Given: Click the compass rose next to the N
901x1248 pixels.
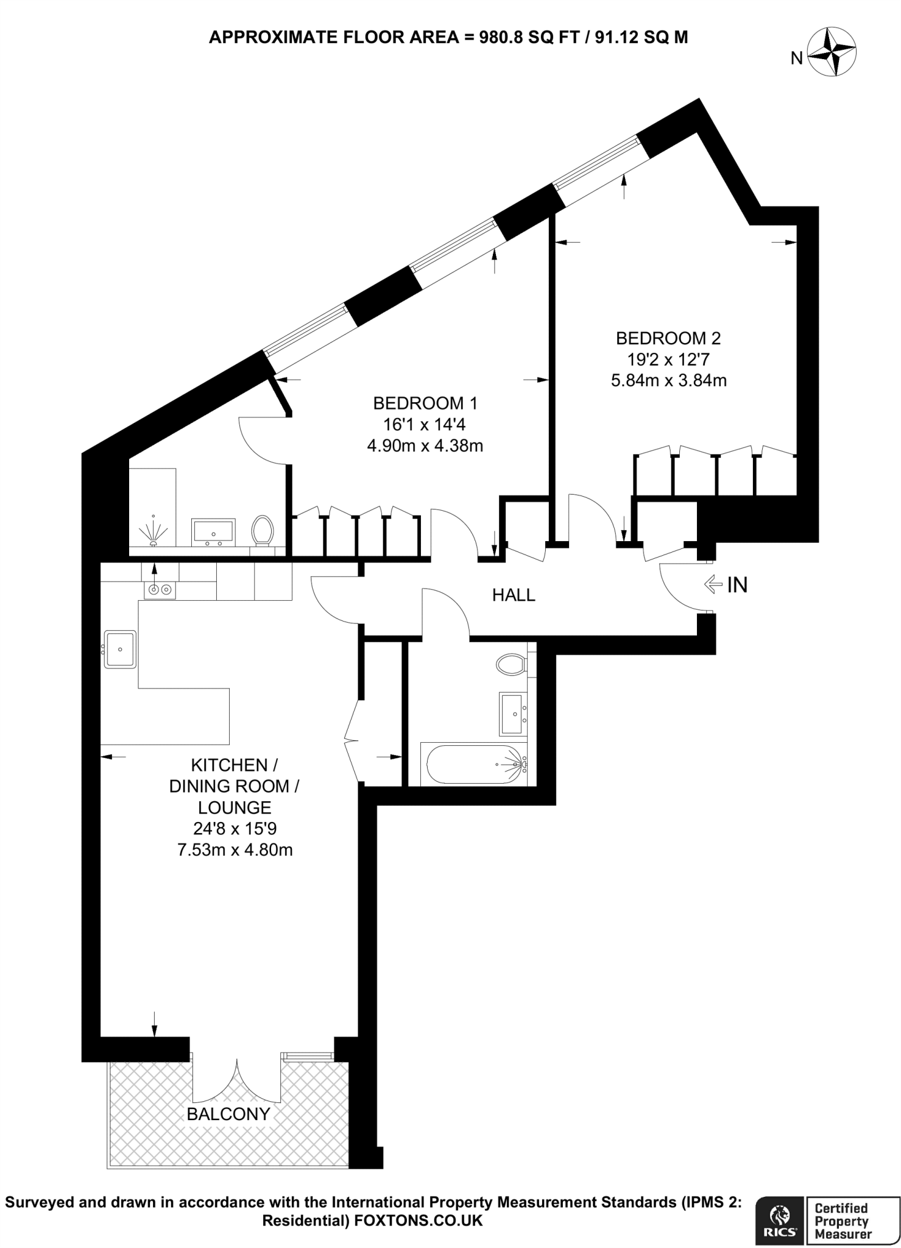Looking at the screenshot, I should (832, 54).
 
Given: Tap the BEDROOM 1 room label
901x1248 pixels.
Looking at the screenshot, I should (425, 403).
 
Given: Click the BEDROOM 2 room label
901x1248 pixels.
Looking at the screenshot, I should (668, 338).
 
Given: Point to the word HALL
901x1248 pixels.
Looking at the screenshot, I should (514, 595).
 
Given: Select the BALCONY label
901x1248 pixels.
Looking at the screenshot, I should (228, 1114).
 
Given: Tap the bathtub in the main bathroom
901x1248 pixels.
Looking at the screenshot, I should (475, 764).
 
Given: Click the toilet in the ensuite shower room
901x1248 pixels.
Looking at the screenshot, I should (263, 530).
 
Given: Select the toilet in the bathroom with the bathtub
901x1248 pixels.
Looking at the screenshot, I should (510, 664).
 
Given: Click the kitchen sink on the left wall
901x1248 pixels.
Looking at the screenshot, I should (120, 649).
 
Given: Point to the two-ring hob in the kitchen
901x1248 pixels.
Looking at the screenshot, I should (160, 589).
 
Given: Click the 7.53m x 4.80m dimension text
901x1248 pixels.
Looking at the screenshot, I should (235, 849).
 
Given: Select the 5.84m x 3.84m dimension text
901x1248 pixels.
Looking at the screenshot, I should (668, 381).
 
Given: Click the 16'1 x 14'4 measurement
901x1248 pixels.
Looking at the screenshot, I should (425, 424).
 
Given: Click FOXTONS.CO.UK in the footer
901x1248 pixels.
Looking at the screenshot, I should (419, 1220).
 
